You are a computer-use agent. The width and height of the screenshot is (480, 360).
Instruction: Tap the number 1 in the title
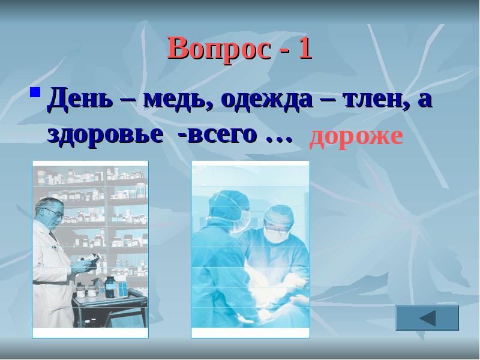tap(304, 48)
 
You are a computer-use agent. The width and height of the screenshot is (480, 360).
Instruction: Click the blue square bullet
tap(35, 94)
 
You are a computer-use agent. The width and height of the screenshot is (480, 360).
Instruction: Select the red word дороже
tap(355, 136)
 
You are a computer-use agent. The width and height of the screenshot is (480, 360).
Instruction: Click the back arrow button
tap(427, 317)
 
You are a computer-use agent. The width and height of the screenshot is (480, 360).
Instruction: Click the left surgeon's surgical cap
tap(227, 201)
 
